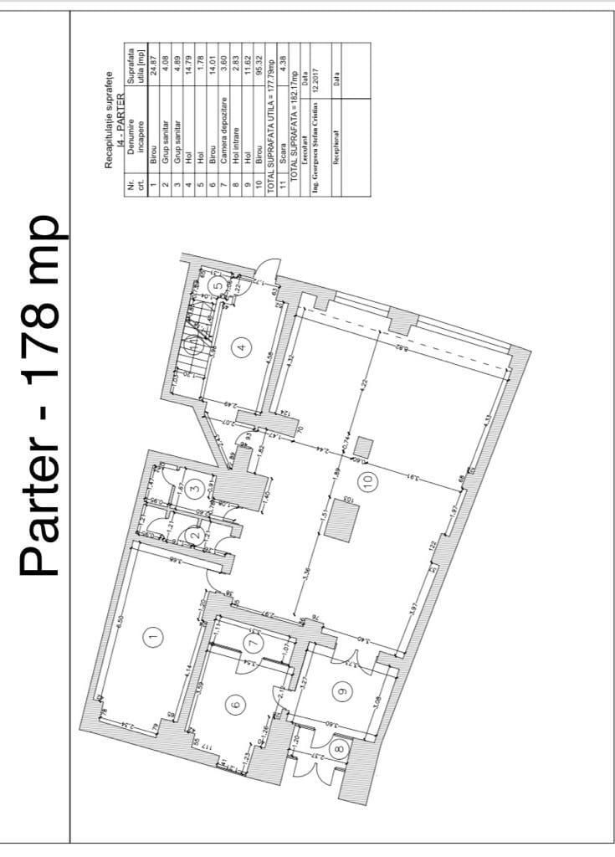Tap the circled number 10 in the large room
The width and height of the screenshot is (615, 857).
[369, 480]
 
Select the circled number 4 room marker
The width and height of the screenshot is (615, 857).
[243, 347]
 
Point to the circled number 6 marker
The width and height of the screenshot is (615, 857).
[235, 706]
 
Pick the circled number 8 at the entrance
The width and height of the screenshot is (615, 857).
[340, 750]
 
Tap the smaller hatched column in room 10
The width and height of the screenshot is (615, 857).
[363, 446]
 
